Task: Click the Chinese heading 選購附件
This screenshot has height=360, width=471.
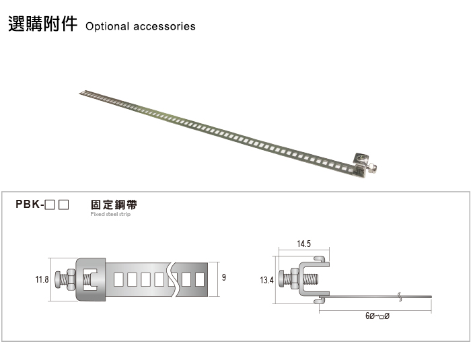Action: [42, 24]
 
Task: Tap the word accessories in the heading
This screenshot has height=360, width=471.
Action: [164, 26]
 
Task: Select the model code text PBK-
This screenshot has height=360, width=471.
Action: [30, 205]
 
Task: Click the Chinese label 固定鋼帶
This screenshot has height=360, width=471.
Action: [114, 205]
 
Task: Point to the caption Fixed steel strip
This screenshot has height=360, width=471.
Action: [110, 214]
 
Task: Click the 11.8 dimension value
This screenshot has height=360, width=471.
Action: [42, 279]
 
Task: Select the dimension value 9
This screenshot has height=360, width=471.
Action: [224, 277]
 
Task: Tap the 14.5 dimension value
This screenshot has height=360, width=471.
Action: [303, 244]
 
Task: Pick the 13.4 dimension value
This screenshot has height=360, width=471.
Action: [266, 281]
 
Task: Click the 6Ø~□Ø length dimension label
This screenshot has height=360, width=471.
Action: [377, 316]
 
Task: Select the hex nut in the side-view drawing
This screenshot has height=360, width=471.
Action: [294, 279]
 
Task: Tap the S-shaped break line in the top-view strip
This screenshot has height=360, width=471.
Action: [174, 279]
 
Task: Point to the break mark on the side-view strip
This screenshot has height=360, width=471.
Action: [400, 297]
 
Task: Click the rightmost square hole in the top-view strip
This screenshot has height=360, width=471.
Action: [200, 279]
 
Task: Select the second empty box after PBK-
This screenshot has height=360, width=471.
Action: [64, 205]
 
